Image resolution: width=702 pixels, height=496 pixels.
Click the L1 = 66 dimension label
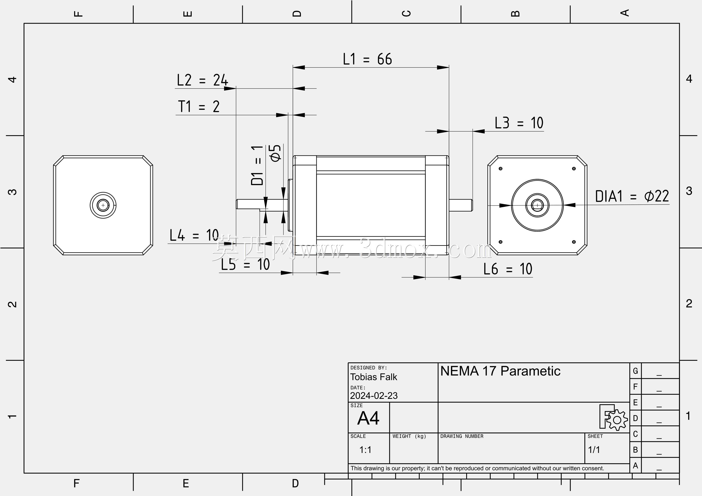[x=367, y=59]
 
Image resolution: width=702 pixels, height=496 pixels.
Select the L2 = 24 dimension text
[x=202, y=80]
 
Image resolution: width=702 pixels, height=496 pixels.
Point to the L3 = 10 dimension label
[x=519, y=123]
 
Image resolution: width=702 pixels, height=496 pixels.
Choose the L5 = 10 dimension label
[x=245, y=264]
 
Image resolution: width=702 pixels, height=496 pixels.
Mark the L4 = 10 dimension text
[x=194, y=235]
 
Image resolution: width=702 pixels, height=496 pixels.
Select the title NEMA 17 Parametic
[x=500, y=371]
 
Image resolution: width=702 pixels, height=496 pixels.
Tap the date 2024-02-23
[x=374, y=396]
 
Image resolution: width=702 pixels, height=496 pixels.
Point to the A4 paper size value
[x=368, y=418]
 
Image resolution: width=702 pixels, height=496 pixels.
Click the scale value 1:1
[x=365, y=450]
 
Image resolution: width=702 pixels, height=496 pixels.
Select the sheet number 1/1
[x=594, y=450]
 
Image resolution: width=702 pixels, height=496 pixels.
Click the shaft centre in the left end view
[x=103, y=205]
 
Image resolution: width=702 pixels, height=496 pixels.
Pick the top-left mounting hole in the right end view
[x=500, y=168]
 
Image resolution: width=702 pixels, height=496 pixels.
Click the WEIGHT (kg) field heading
[x=409, y=436]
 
